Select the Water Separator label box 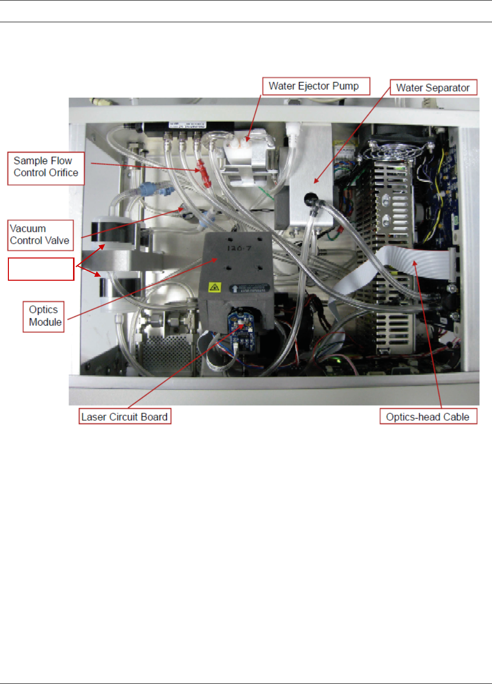click(x=433, y=88)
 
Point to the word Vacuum click(x=28, y=229)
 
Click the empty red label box click(x=41, y=269)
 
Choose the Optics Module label click(x=44, y=316)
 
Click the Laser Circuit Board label click(x=124, y=417)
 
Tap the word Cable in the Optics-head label click(x=456, y=417)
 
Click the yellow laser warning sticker click(x=215, y=287)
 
